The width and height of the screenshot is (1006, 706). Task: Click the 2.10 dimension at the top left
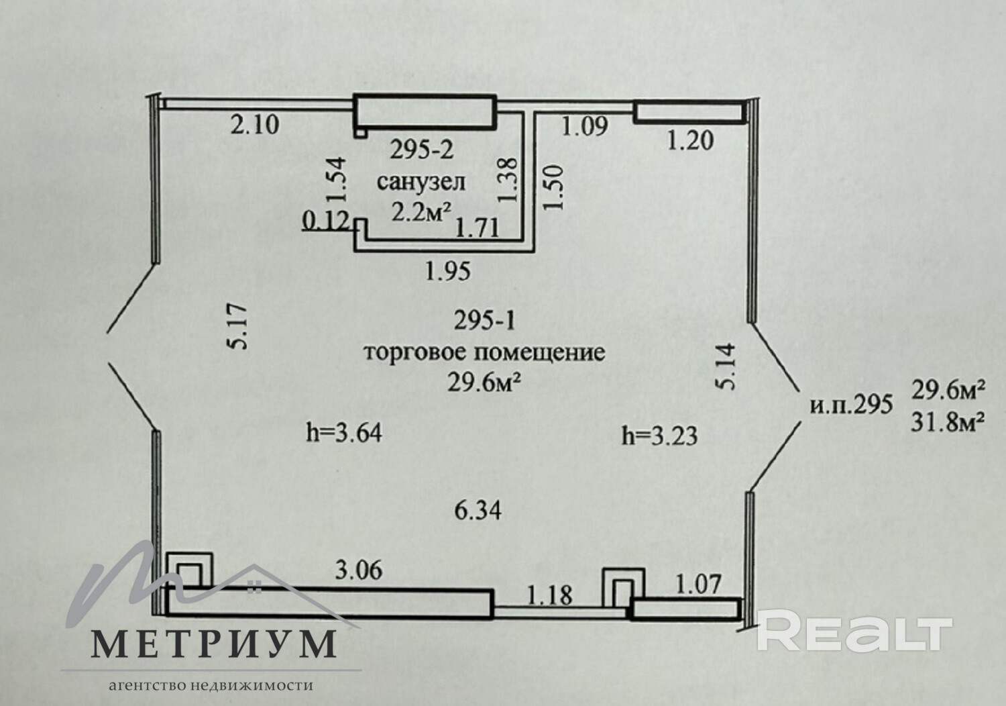[255, 125]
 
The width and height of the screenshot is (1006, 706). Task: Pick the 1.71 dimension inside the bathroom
[477, 229]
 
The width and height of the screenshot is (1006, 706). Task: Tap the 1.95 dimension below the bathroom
[448, 271]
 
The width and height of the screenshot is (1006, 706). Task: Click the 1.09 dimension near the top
[584, 125]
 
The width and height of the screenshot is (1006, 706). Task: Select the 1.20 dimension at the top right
[690, 140]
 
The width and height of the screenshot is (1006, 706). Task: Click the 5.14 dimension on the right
[726, 366]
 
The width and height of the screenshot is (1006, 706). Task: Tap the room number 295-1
[484, 321]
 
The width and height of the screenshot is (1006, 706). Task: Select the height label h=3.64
[344, 433]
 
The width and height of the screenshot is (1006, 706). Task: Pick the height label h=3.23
[659, 436]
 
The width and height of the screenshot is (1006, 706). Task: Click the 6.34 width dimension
[478, 511]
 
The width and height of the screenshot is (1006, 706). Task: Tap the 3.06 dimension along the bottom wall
[359, 570]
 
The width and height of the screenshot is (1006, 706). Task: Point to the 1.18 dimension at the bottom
[550, 595]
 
